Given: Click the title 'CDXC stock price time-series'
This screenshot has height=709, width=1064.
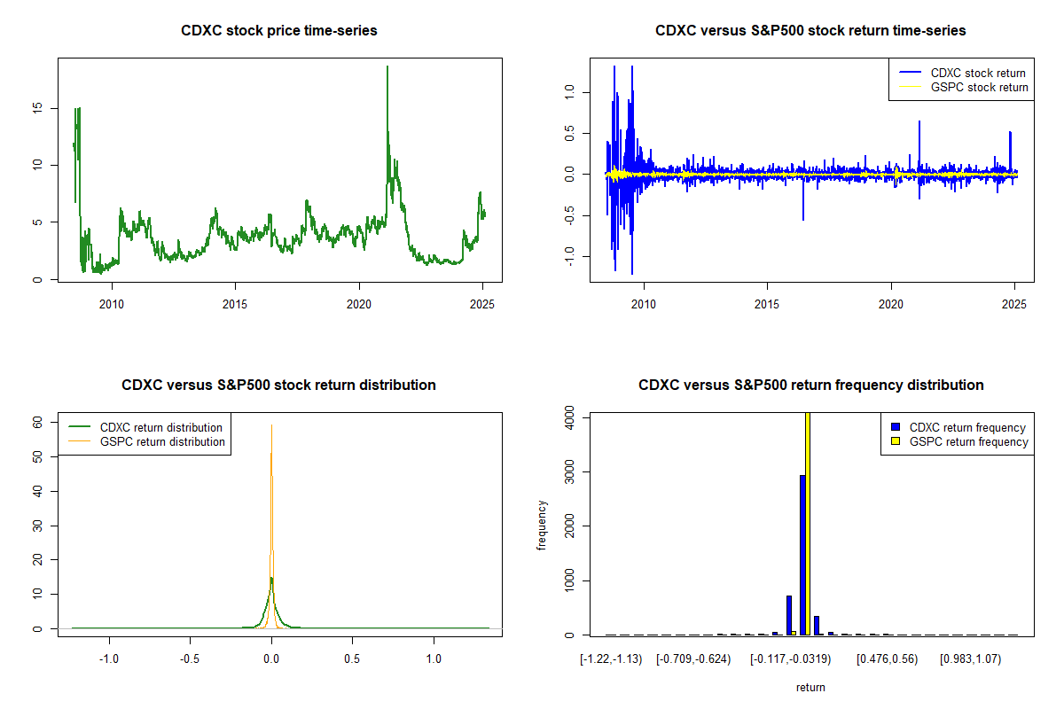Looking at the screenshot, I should click(279, 31).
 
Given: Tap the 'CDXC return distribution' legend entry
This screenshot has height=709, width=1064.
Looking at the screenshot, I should click(160, 427).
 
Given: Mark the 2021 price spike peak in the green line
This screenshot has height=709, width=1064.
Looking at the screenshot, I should click(387, 67).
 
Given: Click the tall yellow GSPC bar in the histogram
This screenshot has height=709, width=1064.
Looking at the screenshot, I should click(808, 523).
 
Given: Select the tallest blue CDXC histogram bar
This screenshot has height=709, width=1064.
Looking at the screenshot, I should click(802, 555).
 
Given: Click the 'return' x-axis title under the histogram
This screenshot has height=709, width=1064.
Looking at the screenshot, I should click(810, 687).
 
